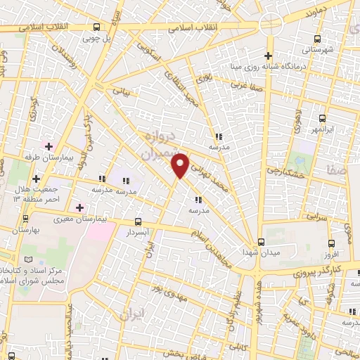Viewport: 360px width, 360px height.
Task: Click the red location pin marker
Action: (181, 165)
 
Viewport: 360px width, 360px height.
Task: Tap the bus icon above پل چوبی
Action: (96, 29)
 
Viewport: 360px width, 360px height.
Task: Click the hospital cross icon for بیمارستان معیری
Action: (79, 207)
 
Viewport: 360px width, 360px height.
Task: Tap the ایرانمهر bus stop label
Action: (322, 131)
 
